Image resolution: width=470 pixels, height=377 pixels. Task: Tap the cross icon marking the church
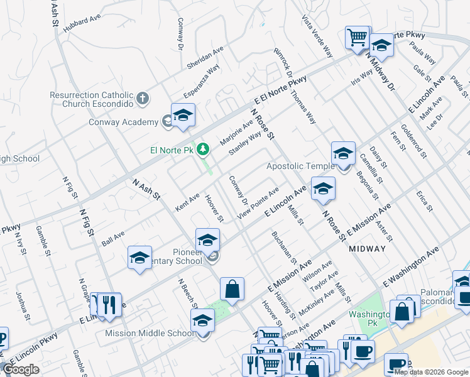(143, 99)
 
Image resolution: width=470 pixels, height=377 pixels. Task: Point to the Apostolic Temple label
(298, 167)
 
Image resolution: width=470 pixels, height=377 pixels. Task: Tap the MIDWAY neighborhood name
(367, 249)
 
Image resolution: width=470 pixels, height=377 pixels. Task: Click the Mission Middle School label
(150, 333)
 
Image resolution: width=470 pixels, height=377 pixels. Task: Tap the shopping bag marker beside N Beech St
(232, 289)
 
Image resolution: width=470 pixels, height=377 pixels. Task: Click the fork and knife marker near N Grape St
(110, 304)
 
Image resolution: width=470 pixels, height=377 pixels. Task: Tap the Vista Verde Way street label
(317, 36)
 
